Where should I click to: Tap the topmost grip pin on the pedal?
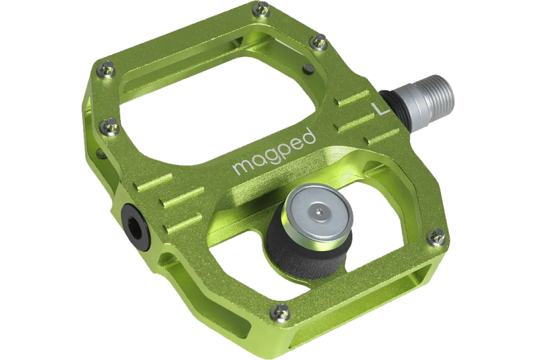[256, 9]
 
